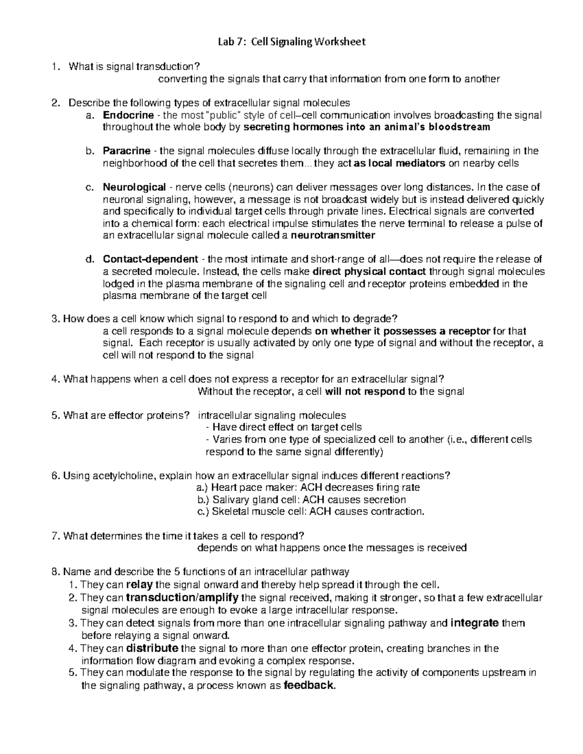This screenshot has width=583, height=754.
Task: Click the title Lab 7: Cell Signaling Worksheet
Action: click(291, 42)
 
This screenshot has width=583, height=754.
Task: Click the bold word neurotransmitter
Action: click(333, 235)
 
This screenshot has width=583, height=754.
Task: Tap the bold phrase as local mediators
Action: click(399, 163)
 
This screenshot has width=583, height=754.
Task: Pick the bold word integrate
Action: click(475, 623)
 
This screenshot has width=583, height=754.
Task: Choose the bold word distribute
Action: click(152, 648)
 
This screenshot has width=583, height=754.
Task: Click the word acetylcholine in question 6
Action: click(121, 475)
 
